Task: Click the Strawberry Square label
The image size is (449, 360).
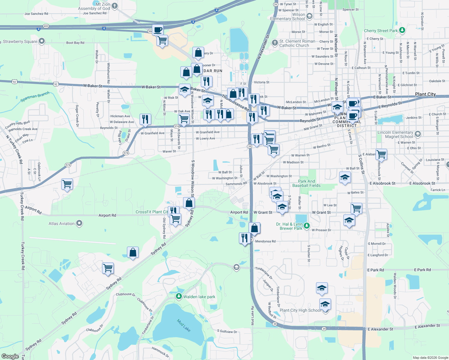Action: click(20, 42)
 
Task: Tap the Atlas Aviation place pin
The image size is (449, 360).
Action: click(79, 223)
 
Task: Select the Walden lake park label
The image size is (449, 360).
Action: click(199, 297)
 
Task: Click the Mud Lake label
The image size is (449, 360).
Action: click(184, 325)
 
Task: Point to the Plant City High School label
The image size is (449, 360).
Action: click(300, 310)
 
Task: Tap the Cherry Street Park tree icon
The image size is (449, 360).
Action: click(402, 30)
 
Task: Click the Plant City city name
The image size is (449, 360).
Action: click(425, 94)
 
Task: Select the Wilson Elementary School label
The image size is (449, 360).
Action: click(288, 16)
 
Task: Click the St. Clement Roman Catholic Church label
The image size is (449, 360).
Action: click(297, 43)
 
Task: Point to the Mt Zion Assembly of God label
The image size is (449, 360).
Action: click(94, 6)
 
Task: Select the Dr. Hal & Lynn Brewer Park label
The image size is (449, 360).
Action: click(289, 226)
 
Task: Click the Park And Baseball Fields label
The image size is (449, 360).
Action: click(306, 183)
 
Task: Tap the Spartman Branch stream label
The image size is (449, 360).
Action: click(35, 97)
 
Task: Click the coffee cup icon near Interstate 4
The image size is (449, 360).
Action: click(158, 30)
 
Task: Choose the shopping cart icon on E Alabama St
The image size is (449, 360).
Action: click(381, 154)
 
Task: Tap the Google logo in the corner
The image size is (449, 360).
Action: click(10, 356)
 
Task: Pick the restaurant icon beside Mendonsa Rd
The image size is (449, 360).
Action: click(245, 238)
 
